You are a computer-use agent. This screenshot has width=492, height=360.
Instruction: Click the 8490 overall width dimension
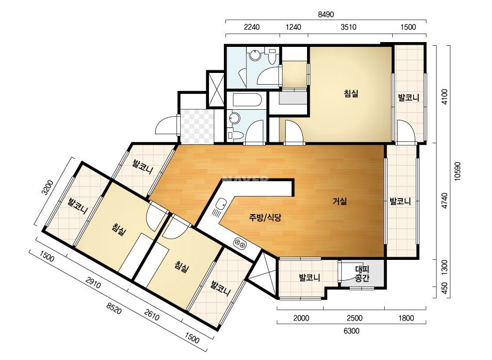click(x=326, y=14)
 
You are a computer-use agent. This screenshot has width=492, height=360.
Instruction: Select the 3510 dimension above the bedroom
click(x=348, y=27)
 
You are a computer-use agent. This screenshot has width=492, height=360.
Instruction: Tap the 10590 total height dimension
click(x=457, y=171)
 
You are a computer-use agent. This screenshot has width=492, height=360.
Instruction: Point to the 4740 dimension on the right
click(x=445, y=201)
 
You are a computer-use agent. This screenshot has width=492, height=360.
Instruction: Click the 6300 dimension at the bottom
click(x=351, y=331)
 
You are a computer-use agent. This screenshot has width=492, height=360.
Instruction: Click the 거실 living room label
click(x=340, y=201)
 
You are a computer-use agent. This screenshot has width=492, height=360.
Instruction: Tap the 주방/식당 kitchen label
click(x=265, y=217)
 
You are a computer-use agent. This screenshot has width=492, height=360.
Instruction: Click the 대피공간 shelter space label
click(x=362, y=273)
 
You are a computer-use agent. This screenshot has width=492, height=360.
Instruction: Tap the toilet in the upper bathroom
click(x=272, y=56)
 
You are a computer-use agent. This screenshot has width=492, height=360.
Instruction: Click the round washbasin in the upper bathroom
click(x=255, y=56)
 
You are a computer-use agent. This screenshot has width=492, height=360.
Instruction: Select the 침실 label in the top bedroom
click(x=351, y=93)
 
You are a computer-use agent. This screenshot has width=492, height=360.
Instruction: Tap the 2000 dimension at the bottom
click(x=301, y=318)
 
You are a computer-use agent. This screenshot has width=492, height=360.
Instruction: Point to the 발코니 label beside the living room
click(x=400, y=201)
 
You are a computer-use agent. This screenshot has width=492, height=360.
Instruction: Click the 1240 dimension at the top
click(x=293, y=27)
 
